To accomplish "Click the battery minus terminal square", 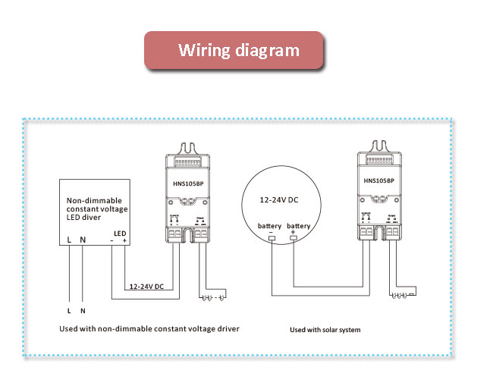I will [272, 240].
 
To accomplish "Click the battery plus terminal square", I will [294, 240].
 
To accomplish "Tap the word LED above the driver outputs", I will [119, 233].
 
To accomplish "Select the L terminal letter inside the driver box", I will [69, 241].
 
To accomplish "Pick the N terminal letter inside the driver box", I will [83, 241].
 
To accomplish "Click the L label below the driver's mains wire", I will [69, 310].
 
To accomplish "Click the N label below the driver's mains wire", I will [83, 310].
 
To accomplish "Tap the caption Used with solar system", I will [325, 330].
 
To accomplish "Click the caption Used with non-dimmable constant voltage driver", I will [149, 329].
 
